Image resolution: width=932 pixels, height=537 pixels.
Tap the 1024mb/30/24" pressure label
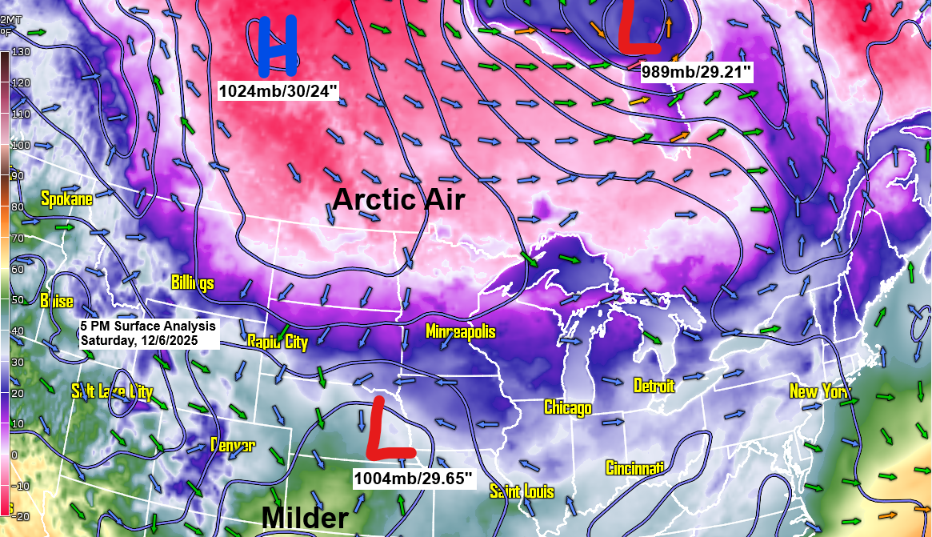click(x=279, y=90)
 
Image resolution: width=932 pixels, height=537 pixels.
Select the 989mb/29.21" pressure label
click(x=697, y=72)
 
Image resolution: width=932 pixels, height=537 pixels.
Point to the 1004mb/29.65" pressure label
click(x=414, y=479)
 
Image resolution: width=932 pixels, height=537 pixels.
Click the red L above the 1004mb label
click(x=390, y=430)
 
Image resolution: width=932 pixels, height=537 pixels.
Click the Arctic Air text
click(x=398, y=198)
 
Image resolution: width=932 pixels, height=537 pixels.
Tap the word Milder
click(x=305, y=519)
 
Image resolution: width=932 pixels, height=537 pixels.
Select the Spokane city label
click(x=67, y=198)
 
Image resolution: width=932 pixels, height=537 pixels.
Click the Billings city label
click(x=193, y=283)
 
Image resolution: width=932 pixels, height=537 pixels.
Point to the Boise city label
click(x=57, y=301)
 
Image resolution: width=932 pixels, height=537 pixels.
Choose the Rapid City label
click(x=277, y=342)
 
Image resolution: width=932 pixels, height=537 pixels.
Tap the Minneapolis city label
click(x=460, y=331)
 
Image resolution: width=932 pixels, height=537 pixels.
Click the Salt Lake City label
click(x=112, y=391)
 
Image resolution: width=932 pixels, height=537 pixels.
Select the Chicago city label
click(x=568, y=407)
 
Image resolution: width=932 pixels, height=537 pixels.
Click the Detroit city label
click(x=654, y=386)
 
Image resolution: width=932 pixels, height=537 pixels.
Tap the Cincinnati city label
click(x=635, y=467)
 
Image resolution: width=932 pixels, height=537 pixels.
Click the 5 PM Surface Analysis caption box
click(x=149, y=333)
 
